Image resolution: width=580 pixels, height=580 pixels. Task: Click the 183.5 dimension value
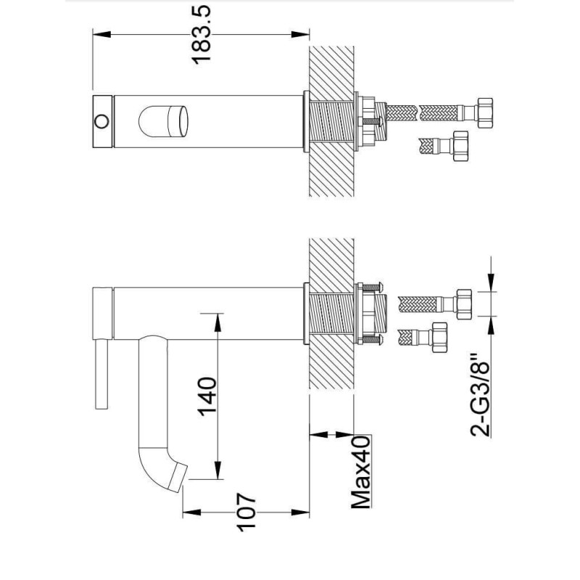tap(202, 34)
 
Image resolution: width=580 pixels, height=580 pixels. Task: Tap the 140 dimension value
tap(207, 397)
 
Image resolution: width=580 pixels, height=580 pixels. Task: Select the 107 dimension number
tap(247, 512)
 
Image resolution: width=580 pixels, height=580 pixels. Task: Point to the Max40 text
tap(360, 472)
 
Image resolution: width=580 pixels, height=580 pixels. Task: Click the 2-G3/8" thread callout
tap(481, 395)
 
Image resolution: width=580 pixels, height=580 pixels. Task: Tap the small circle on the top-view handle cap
tap(101, 121)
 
